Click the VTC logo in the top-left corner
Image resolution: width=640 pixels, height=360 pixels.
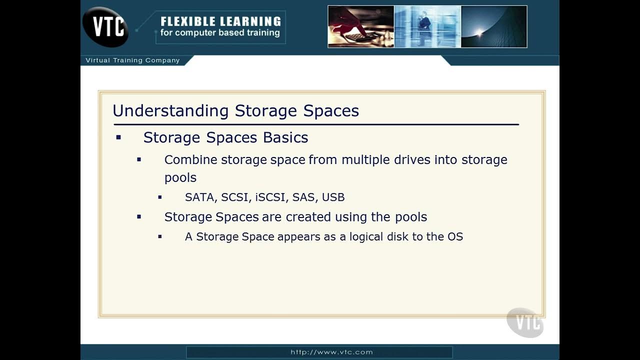[105, 26]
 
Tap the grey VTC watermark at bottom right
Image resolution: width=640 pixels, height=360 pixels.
[525, 322]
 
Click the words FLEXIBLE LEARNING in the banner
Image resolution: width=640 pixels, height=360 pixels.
[220, 21]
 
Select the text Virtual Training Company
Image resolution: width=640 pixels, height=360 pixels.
[132, 60]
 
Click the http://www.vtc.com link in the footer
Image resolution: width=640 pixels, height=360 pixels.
[331, 352]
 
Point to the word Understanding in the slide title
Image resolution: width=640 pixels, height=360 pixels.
[170, 110]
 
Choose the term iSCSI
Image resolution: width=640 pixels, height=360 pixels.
[270, 197]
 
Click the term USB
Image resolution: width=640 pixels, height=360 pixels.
[333, 197]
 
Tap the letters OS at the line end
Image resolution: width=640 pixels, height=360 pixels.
[455, 236]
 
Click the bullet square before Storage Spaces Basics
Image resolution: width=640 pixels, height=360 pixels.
[118, 137]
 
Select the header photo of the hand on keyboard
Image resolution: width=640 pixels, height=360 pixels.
[360, 26]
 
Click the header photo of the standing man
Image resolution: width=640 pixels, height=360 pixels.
[427, 26]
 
